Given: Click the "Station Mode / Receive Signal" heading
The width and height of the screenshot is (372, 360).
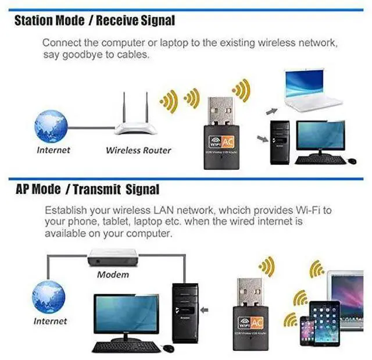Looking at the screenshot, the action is click(94, 21).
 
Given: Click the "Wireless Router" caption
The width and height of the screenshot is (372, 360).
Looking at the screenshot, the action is click(138, 150).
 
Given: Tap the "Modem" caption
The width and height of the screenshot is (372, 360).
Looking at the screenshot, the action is click(113, 274).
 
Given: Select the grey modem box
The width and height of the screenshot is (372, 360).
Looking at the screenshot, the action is click(113, 256).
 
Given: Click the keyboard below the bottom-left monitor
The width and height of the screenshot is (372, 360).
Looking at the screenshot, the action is click(126, 347).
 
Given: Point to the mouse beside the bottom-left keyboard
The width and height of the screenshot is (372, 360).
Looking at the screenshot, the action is click(169, 348).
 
